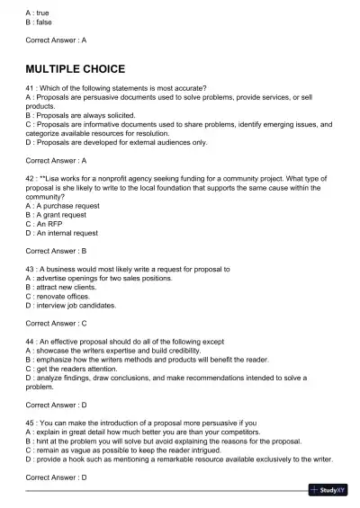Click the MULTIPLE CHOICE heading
pyautogui.click(x=75, y=68)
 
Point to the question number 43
pyautogui.click(x=31, y=269)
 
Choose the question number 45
pyautogui.click(x=31, y=423)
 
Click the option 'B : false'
pyautogui.click(x=41, y=22)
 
